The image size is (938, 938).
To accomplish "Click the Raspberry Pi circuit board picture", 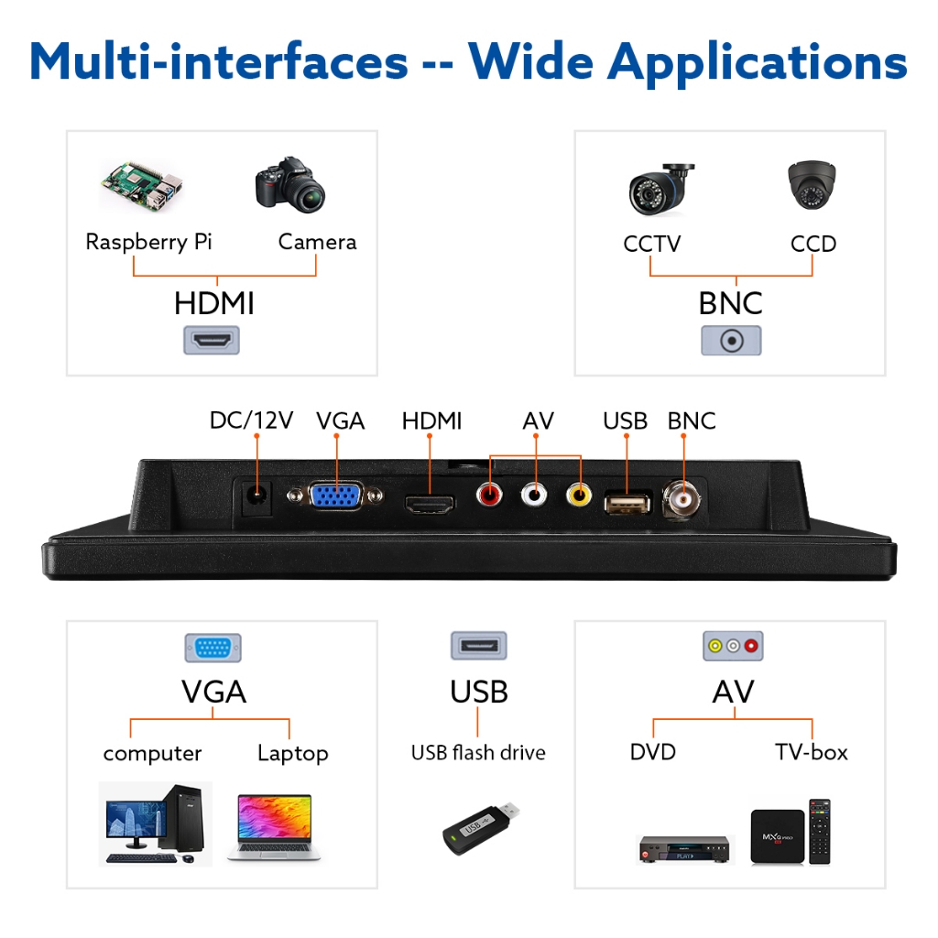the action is tap(142, 185).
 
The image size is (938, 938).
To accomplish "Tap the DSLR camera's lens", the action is tap(306, 194).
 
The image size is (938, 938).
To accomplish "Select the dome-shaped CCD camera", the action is tap(812, 185).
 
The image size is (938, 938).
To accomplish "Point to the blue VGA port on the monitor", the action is tap(335, 496).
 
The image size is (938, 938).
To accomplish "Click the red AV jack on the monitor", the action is tap(489, 495).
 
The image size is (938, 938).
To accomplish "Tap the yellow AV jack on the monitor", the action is tap(579, 496).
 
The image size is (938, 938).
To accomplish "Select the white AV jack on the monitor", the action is tap(534, 495).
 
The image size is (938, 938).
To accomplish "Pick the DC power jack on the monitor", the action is tap(257, 496).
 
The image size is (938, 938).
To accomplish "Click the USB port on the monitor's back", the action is tap(627, 503).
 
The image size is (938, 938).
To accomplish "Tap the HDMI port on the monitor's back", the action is tap(430, 505).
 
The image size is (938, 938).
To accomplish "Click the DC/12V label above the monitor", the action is tap(251, 420).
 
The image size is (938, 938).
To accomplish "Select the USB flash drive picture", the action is tap(480, 827).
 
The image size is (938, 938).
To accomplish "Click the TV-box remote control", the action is tap(820, 832).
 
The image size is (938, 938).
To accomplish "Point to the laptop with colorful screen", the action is tap(275, 827).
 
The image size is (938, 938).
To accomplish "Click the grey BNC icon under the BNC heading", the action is tap(731, 341).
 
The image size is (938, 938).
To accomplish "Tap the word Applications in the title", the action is tap(758, 63).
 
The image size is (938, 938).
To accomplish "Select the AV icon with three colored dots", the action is tap(733, 646).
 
